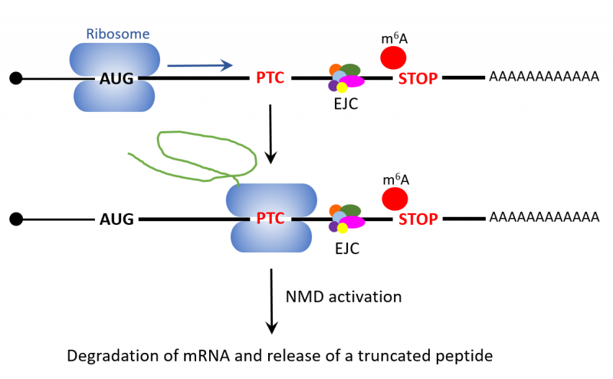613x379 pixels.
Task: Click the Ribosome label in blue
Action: click(x=117, y=35)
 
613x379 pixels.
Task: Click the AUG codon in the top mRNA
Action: click(x=116, y=77)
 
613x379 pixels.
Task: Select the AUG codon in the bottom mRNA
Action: click(x=116, y=219)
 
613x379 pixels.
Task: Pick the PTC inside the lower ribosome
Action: click(x=270, y=219)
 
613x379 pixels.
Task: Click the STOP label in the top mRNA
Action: click(x=418, y=78)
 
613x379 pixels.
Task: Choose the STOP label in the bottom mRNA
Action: click(x=418, y=219)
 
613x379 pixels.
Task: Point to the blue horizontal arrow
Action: click(x=199, y=66)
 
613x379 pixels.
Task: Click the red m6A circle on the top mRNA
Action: click(x=394, y=57)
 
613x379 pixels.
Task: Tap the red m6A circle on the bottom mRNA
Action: click(x=394, y=198)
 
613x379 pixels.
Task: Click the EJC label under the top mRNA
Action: click(x=346, y=105)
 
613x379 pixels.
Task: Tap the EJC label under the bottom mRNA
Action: click(x=346, y=247)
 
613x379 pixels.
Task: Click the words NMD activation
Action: click(x=343, y=296)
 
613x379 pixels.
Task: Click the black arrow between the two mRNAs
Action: click(x=270, y=134)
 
